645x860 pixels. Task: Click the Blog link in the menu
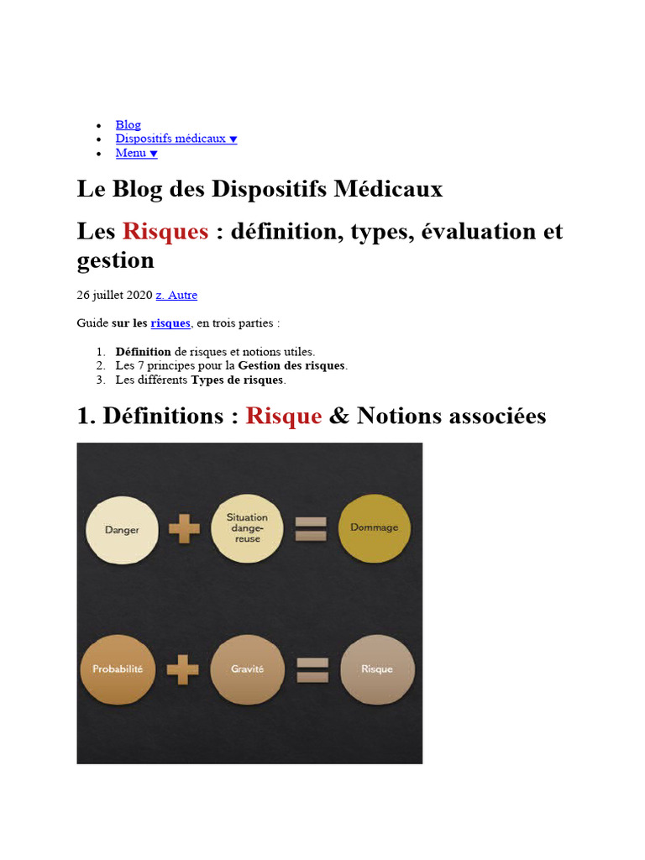tap(128, 124)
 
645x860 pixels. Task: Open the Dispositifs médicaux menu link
tap(176, 139)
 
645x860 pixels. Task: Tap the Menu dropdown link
tap(136, 153)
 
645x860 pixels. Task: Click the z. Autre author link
tap(176, 295)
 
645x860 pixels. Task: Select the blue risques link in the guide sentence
tap(170, 323)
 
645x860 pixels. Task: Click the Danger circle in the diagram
tap(123, 530)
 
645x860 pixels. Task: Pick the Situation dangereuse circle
tap(247, 528)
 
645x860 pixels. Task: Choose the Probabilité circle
tap(117, 669)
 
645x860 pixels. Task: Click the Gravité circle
tap(247, 669)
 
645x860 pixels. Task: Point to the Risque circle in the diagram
tap(376, 669)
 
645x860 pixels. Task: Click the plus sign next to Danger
tap(184, 530)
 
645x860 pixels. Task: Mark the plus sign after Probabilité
tap(182, 669)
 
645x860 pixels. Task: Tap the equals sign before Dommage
tap(311, 528)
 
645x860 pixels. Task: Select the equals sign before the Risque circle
tap(312, 669)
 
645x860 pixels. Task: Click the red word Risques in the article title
tap(165, 231)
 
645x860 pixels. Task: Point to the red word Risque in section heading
tap(284, 416)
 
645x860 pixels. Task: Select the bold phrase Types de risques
tap(238, 380)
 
